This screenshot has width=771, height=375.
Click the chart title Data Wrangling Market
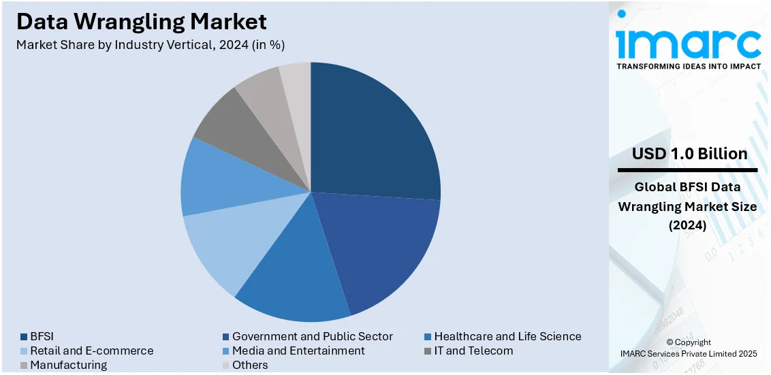pyautogui.click(x=142, y=21)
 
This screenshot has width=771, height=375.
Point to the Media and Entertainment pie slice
pyautogui.click(x=214, y=180)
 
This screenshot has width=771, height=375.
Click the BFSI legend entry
pyautogui.click(x=42, y=336)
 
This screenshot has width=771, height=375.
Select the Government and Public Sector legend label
pyautogui.click(x=312, y=336)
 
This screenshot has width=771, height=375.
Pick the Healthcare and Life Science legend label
pyautogui.click(x=507, y=336)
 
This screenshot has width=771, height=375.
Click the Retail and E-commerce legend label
pyautogui.click(x=91, y=350)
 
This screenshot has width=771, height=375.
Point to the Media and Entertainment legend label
pyautogui.click(x=298, y=350)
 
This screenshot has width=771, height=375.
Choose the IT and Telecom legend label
pyautogui.click(x=473, y=350)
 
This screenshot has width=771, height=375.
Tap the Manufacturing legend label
pyautogui.click(x=68, y=365)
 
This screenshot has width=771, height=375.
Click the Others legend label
pyautogui.click(x=250, y=365)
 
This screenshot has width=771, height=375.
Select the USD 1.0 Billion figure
pyautogui.click(x=689, y=154)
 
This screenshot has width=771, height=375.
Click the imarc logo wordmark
pyautogui.click(x=688, y=43)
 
